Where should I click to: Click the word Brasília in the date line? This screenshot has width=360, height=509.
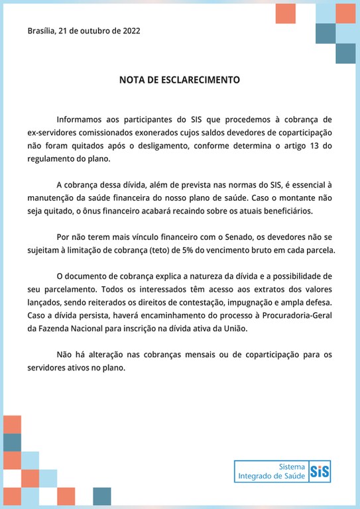click(41, 30)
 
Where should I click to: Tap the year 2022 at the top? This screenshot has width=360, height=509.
click(129, 30)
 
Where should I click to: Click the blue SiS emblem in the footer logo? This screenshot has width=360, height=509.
click(320, 471)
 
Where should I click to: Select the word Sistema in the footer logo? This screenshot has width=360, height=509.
click(292, 466)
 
